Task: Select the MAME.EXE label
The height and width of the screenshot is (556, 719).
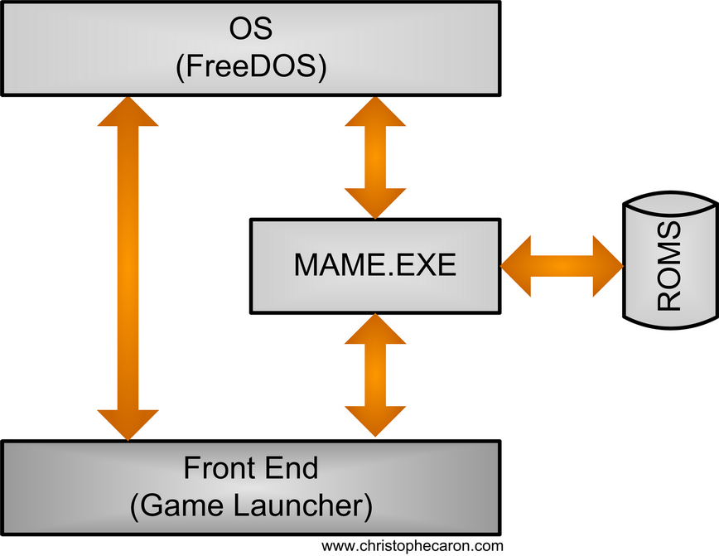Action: (x=374, y=265)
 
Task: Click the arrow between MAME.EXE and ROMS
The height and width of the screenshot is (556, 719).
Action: (x=562, y=265)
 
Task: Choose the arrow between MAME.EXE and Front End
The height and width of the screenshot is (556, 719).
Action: (x=375, y=375)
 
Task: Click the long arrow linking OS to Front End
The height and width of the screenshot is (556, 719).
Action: (x=128, y=265)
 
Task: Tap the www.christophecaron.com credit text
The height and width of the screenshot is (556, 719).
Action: (x=412, y=546)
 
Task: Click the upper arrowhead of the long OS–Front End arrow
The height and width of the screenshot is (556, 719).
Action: (x=128, y=112)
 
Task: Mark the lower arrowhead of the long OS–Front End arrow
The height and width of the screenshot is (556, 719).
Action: (x=128, y=423)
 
